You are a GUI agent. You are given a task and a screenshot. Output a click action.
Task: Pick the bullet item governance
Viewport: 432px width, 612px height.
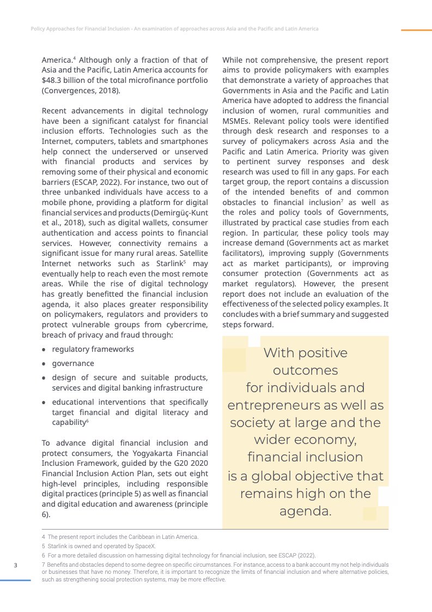[x=73, y=363]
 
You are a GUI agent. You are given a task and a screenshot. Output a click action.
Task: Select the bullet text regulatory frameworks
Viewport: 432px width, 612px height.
[x=93, y=349]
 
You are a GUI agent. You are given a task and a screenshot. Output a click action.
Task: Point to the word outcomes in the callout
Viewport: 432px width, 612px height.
[x=305, y=370]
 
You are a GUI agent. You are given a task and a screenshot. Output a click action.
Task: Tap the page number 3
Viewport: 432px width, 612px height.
[x=16, y=565]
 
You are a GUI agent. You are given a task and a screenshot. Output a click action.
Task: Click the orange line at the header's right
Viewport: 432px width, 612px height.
[x=416, y=30]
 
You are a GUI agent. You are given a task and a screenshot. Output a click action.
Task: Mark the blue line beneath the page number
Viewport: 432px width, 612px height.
[x=15, y=580]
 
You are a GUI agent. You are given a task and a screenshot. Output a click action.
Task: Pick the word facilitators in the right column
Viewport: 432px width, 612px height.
[x=243, y=253]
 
